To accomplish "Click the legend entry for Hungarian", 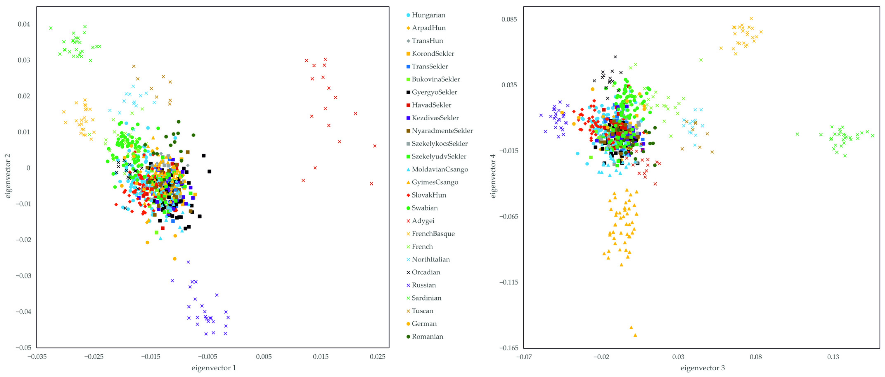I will [x=428, y=15].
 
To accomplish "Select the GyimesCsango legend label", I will [x=435, y=182].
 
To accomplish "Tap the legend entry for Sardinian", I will [x=426, y=298].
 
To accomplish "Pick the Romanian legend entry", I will [x=427, y=337].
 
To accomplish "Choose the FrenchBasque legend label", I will [x=433, y=234].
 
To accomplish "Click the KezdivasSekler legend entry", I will [x=435, y=118].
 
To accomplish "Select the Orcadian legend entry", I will [x=426, y=272].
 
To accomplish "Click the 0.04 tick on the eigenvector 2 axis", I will [x=24, y=24].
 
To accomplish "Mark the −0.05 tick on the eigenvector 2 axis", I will [x=23, y=348].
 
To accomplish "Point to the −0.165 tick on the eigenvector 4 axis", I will [x=508, y=348].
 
